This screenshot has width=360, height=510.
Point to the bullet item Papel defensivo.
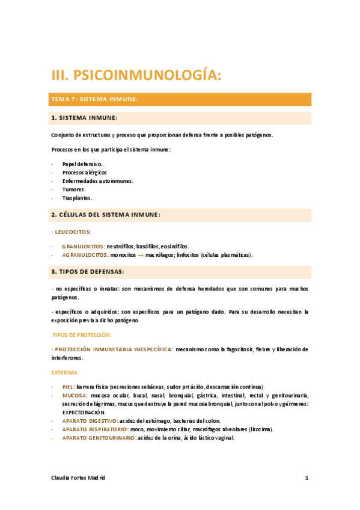[82, 164]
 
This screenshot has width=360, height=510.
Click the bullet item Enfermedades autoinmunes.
[97, 180]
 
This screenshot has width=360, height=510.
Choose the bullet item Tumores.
[74, 189]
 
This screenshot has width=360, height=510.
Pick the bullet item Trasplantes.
[78, 198]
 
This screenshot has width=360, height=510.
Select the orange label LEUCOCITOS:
[73, 232]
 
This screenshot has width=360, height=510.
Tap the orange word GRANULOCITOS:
[84, 246]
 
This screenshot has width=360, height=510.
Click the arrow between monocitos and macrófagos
[139, 255]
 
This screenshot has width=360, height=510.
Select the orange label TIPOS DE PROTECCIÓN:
[82, 334]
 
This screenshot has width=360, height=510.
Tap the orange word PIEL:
[69, 387]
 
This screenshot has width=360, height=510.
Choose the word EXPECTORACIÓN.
[84, 413]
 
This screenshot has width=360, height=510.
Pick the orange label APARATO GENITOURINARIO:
[99, 438]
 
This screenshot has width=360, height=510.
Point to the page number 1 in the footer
[307, 478]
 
